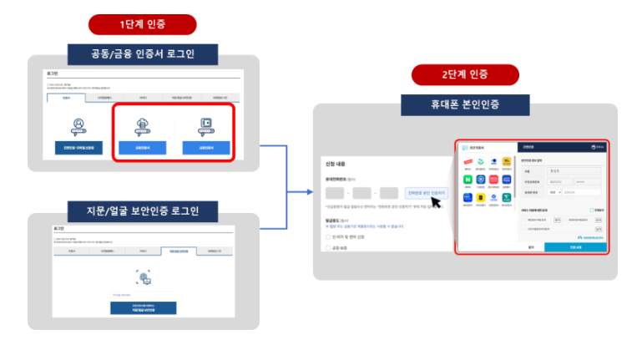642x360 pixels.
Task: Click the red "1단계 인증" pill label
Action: pyautogui.click(x=141, y=25)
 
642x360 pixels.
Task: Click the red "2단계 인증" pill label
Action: pyautogui.click(x=464, y=75)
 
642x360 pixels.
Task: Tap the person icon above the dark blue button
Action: pyautogui.click(x=78, y=124)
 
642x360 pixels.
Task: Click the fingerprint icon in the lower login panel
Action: pyautogui.click(x=142, y=277)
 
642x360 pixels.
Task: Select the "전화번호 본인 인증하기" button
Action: pyautogui.click(x=426, y=193)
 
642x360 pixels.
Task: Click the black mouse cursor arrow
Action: pyautogui.click(x=435, y=204)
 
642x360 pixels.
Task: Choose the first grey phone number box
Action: pyautogui.click(x=335, y=193)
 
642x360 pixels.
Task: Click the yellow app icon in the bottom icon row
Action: pyautogui.click(x=481, y=198)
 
